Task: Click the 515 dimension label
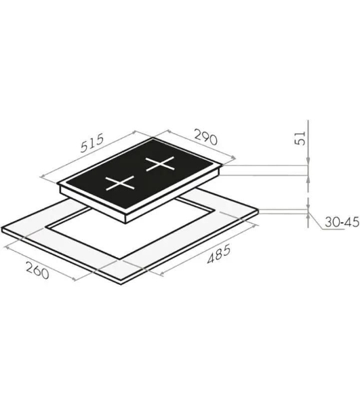coord(92,142)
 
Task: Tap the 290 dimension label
coord(205,138)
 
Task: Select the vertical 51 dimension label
coord(300,138)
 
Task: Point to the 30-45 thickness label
coord(342,222)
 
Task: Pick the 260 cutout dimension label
coord(37,271)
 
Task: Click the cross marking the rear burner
coord(160,163)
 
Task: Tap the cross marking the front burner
coord(120,182)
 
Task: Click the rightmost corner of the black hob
coord(222,165)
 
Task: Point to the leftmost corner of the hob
coord(58,184)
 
